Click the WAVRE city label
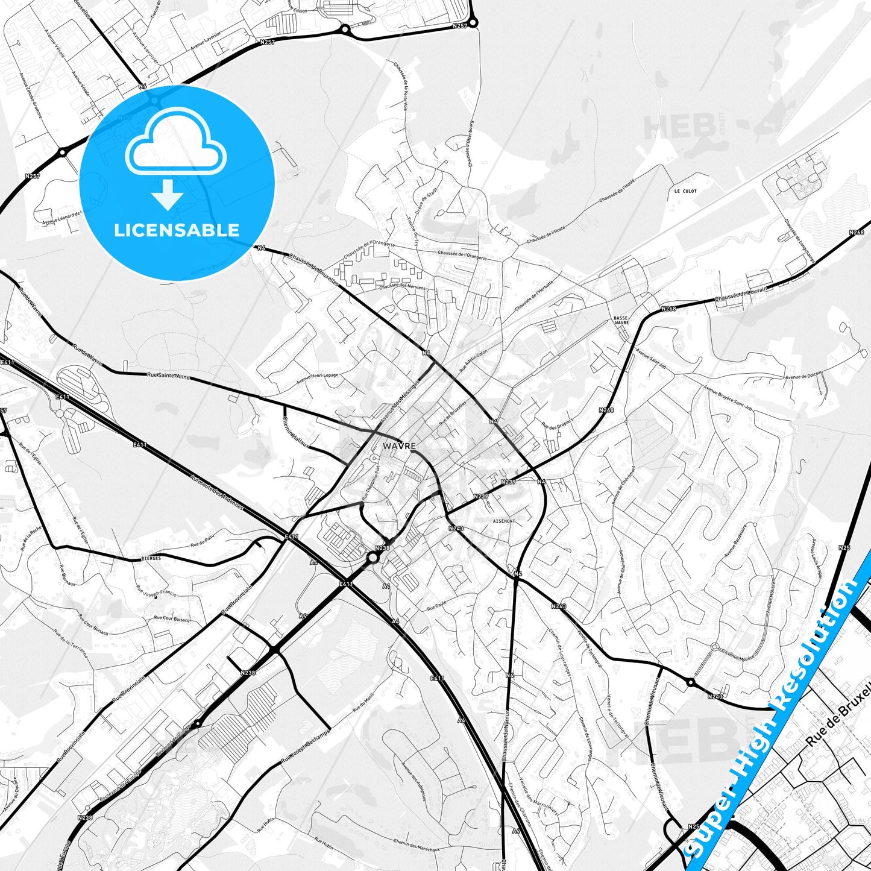pos(398,445)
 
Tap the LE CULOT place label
pos(685,191)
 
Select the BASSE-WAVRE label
pos(621,319)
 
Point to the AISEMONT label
pos(504,521)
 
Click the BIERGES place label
pos(151,558)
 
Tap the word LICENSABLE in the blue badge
pos(177,230)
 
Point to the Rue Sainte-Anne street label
pos(169,377)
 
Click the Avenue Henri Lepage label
pos(317,379)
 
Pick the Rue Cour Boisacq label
pos(172,618)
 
